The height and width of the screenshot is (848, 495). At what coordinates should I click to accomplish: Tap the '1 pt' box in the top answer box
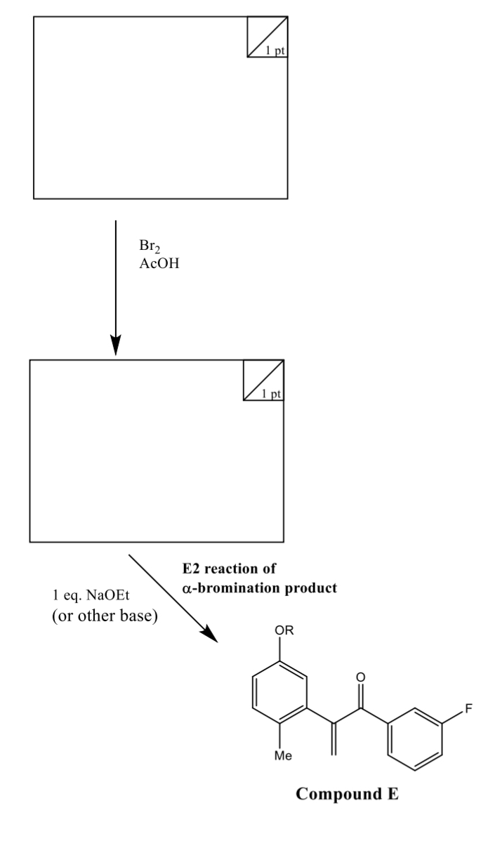(268, 36)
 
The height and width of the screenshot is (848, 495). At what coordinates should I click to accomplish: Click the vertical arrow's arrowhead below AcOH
(117, 345)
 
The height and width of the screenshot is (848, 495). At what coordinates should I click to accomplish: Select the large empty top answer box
(161, 106)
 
